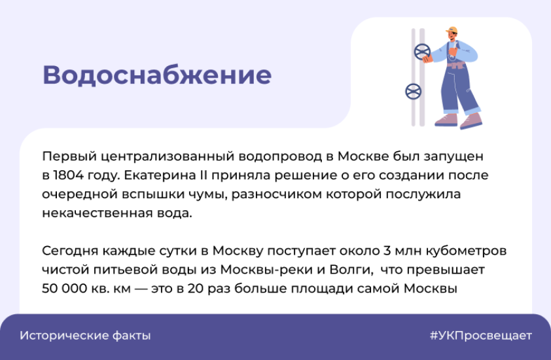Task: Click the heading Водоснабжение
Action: pos(157,75)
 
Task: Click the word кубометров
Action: pos(467,251)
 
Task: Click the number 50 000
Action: pos(64,289)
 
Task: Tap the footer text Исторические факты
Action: pos(85,336)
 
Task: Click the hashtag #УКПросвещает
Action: pos(481,336)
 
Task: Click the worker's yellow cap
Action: pos(452,30)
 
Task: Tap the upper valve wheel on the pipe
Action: pos(422,52)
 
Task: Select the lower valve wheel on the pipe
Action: pos(414,92)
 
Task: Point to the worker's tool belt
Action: pos(456,65)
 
